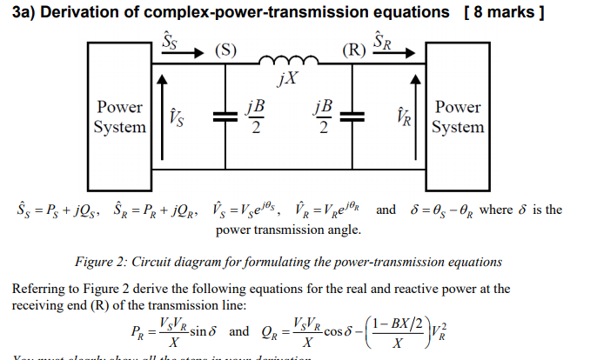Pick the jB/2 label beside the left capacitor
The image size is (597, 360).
pyautogui.click(x=254, y=117)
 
